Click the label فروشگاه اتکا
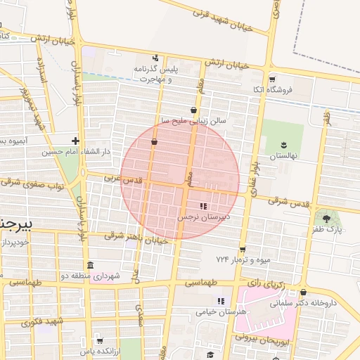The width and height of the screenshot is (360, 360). tap(271, 91)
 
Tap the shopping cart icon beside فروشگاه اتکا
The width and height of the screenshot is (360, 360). tap(272, 79)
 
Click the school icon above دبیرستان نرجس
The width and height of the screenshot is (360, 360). tap(203, 206)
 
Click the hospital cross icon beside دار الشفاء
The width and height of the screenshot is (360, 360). tap(75, 141)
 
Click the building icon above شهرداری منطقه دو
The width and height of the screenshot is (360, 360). tap(90, 265)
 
